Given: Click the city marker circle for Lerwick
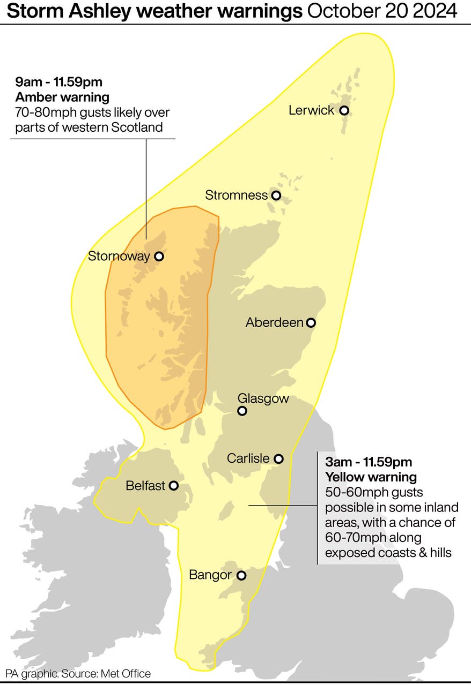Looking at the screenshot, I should [344, 110].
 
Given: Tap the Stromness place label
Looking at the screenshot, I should [236, 195].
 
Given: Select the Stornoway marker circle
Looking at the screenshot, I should [159, 256].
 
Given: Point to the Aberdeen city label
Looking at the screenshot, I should [274, 322].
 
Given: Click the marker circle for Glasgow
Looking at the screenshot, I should [242, 411].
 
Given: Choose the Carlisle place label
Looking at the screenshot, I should [248, 458].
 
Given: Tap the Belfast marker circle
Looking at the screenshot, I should [174, 486].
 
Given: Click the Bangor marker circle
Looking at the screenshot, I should [241, 575].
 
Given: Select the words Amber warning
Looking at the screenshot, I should [62, 97].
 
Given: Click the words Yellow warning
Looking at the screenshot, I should [371, 477].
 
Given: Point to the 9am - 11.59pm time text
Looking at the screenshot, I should [58, 82].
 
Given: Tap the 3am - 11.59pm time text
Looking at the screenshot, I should [369, 462].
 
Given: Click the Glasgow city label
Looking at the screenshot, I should [263, 398].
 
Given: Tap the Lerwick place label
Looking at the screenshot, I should [311, 110].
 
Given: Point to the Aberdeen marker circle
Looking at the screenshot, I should [311, 322].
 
